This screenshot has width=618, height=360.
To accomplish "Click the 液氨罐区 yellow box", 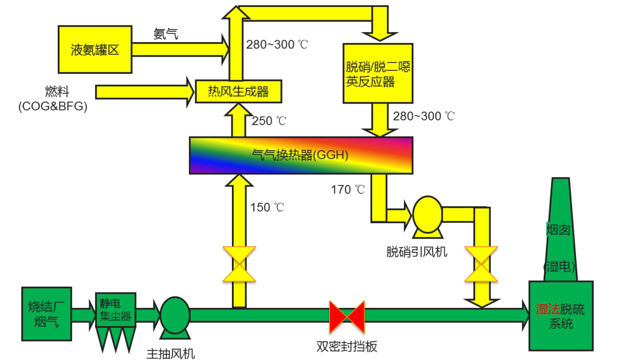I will point(95,50).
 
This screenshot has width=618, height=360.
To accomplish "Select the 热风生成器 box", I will point(238,91).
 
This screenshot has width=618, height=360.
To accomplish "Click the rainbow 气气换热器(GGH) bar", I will point(301,155).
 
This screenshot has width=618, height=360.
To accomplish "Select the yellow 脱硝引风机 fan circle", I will point(427,215).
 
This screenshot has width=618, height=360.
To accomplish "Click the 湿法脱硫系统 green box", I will point(561,316).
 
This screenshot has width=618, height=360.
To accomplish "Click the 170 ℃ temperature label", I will point(348,189).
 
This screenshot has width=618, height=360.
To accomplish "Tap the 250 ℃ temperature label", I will point(269,121).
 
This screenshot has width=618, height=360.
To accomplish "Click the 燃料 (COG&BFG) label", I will point(53,99).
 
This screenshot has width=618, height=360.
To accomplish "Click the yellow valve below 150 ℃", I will point(238,264).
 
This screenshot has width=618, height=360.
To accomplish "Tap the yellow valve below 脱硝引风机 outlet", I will point(481,264).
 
